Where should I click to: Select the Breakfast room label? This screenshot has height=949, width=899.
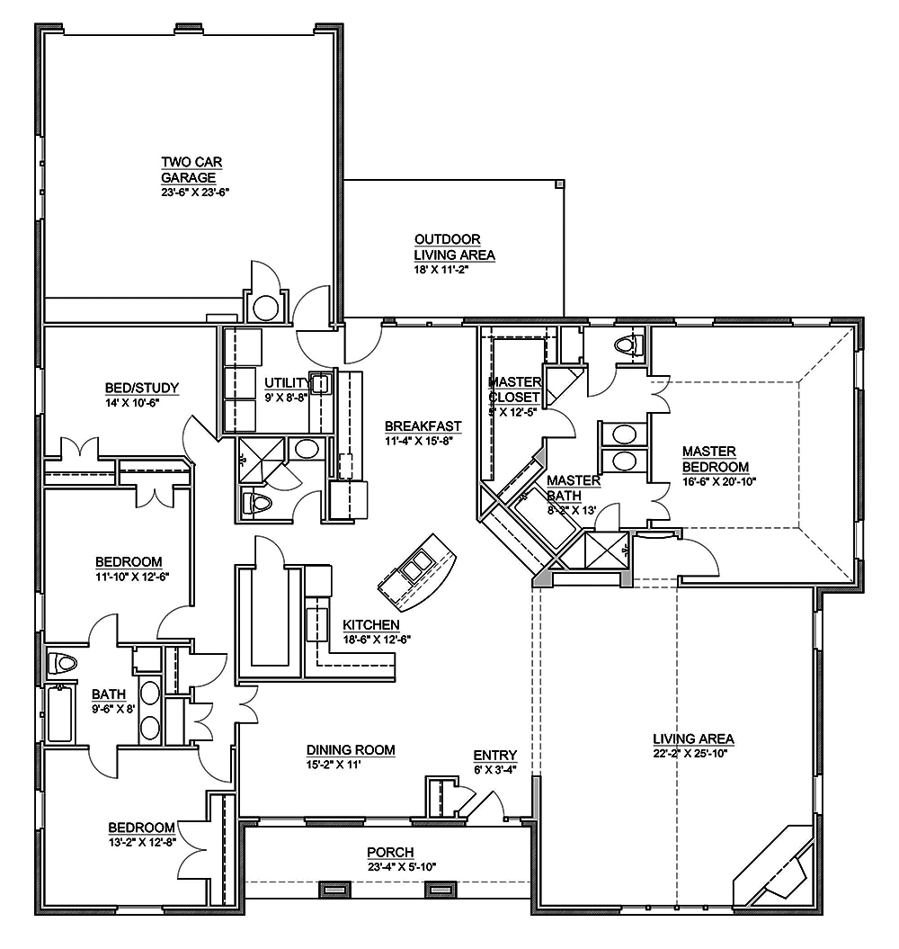(x=423, y=426)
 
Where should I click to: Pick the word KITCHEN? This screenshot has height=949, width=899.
(x=371, y=624)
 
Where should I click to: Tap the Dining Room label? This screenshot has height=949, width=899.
(x=351, y=749)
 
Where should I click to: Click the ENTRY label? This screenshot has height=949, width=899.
(x=495, y=755)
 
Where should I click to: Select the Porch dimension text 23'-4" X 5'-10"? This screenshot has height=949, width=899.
(x=402, y=867)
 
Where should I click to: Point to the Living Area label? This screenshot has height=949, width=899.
(x=693, y=739)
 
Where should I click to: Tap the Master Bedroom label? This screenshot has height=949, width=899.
(x=715, y=459)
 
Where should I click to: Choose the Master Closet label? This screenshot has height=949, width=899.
(x=514, y=389)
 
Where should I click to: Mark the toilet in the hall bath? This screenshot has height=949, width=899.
(x=62, y=664)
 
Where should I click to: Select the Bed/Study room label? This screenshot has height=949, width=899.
(x=142, y=389)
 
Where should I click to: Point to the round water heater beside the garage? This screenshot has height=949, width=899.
(x=266, y=308)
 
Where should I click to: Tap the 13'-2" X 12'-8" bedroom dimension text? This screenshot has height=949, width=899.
(x=142, y=841)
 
